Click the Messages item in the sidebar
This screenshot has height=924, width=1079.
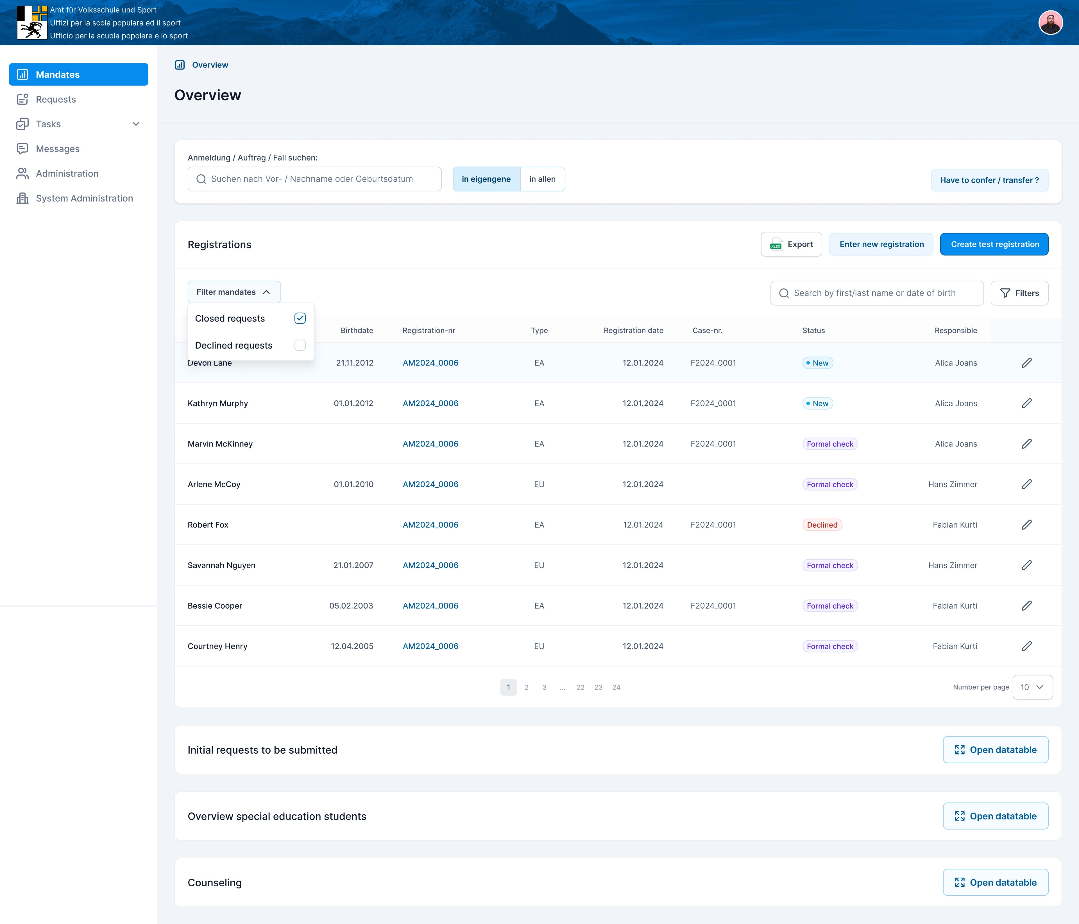pos(57,149)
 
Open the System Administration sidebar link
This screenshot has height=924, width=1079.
pos(84,198)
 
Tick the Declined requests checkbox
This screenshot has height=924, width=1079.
pos(300,345)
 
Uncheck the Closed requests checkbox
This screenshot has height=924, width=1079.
pos(300,318)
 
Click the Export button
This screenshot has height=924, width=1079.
pos(791,244)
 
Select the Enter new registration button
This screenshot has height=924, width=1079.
pos(881,244)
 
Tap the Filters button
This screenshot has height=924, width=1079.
pos(1019,293)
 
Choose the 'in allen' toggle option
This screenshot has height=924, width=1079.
pos(542,179)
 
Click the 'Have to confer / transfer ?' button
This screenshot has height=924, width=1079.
pos(989,180)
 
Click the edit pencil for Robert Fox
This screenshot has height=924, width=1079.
pos(1026,525)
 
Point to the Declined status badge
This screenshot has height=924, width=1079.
pos(822,525)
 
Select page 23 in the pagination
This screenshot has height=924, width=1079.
pos(598,688)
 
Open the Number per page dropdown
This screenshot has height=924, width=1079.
pos(1032,688)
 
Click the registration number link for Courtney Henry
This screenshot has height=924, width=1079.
pos(430,646)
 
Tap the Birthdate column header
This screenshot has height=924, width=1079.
pos(357,331)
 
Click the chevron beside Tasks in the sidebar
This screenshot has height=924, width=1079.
pos(136,124)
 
